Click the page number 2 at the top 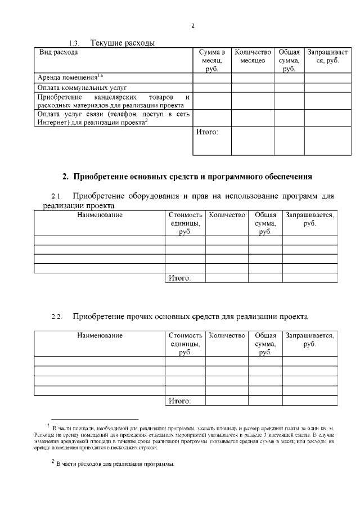192,25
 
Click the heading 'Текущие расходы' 122,43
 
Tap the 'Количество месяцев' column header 253,56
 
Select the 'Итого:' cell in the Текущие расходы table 206,133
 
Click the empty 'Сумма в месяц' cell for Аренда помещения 212,78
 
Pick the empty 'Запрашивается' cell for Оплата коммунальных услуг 321,88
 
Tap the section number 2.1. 56,197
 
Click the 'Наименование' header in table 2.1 100,215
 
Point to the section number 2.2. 56,318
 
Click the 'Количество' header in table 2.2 227,336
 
